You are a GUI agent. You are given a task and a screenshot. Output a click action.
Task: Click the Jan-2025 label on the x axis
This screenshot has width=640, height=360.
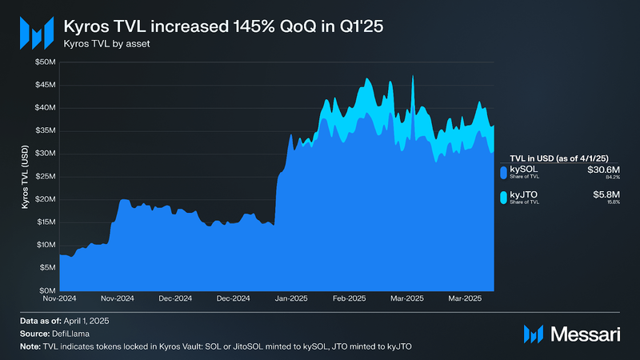[293, 298]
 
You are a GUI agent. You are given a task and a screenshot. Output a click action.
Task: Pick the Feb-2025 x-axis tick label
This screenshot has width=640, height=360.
[350, 298]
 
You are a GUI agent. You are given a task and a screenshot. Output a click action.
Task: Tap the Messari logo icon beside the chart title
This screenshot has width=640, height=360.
[35, 32]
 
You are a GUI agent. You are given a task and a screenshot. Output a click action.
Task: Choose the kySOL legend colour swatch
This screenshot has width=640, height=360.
[503, 172]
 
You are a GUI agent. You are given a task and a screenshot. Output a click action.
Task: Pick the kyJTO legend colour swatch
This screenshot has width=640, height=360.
[503, 197]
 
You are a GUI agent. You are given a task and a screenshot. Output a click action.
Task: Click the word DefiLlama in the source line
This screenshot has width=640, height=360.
[76, 333]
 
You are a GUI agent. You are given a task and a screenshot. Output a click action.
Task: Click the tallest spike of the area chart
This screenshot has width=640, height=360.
[412, 77]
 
